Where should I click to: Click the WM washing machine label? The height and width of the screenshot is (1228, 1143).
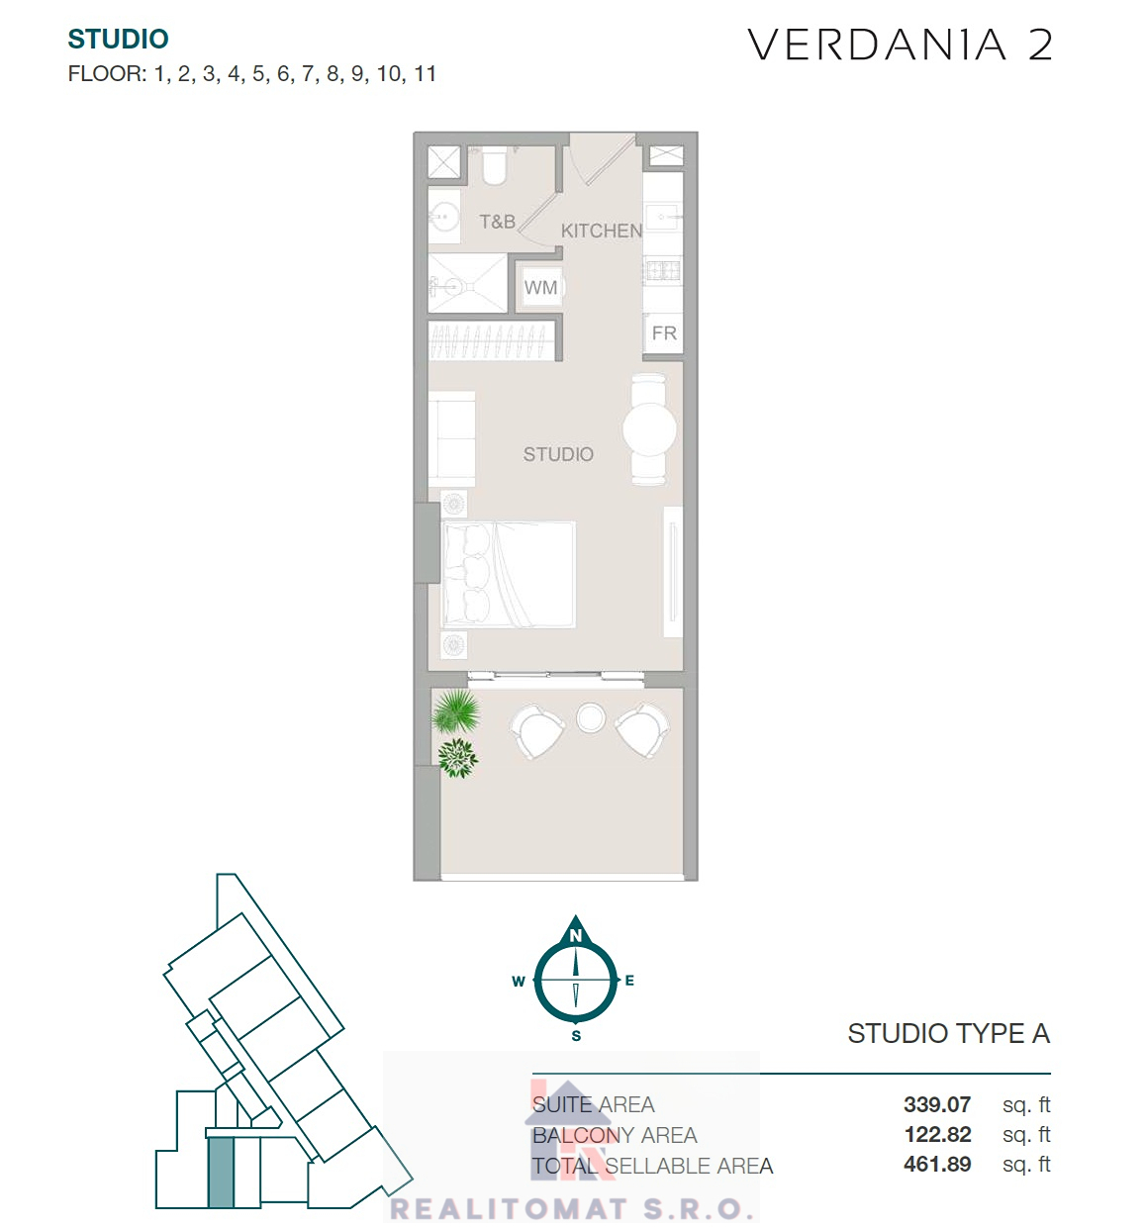point(540,288)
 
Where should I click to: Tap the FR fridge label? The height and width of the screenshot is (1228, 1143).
point(664,333)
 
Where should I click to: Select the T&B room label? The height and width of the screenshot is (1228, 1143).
point(497,222)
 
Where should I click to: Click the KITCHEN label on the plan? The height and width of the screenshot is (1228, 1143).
point(602,231)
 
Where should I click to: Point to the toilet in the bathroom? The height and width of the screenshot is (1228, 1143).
point(494,164)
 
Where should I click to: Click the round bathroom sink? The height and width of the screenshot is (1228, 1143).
point(444,217)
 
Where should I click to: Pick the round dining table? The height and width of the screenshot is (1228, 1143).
point(649,429)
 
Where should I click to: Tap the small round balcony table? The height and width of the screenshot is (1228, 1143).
point(591,717)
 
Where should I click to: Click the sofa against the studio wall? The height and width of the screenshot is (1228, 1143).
point(452,438)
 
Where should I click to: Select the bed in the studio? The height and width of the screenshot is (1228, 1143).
point(509,575)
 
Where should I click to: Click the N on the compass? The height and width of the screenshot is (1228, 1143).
point(576,935)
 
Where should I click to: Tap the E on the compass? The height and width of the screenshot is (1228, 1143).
point(629,980)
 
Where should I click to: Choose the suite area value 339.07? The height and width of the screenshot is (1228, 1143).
point(937,1103)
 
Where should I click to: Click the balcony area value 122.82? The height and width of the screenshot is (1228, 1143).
point(938,1134)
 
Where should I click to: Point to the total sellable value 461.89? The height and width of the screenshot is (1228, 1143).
point(937,1164)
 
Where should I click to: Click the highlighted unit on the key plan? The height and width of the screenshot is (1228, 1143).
point(221,1172)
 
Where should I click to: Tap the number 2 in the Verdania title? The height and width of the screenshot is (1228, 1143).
point(1040,45)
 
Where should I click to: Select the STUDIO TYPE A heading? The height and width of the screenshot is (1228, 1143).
point(949,1033)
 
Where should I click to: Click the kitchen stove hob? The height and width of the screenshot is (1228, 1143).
point(663,270)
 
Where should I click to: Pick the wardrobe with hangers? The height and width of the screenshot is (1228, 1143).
point(492,340)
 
